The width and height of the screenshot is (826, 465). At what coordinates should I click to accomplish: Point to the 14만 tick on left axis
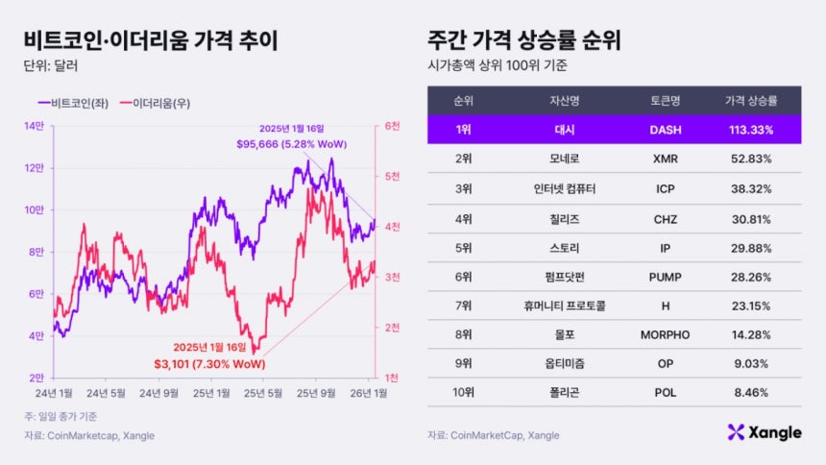pyautogui.click(x=35, y=126)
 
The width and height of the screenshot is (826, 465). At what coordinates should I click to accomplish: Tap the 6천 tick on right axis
pyautogui.click(x=392, y=126)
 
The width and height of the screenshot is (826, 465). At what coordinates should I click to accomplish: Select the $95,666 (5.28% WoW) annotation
pyautogui.click(x=292, y=144)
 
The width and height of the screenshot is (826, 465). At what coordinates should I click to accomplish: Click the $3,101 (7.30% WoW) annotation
pyautogui.click(x=210, y=364)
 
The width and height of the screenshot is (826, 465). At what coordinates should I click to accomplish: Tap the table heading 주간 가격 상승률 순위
pyautogui.click(x=523, y=41)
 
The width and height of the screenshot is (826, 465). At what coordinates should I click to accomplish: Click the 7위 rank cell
pyautogui.click(x=464, y=306)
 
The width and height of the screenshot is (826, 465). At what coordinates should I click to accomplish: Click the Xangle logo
pyautogui.click(x=765, y=432)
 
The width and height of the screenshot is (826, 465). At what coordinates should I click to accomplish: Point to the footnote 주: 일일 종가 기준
pyautogui.click(x=61, y=416)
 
